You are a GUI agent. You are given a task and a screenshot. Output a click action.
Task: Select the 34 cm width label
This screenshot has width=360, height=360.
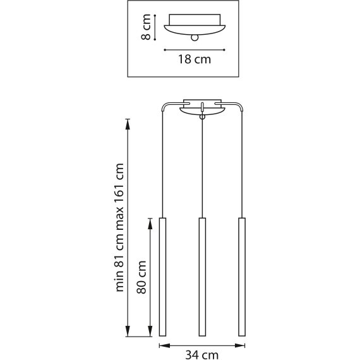click(202, 355)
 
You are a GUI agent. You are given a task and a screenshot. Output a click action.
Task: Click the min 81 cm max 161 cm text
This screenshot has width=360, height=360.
click(119, 228)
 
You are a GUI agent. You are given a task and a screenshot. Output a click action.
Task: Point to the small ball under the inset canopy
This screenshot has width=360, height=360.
click(195, 38)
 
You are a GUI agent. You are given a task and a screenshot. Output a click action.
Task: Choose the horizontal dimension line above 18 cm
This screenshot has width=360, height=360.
click(195, 49)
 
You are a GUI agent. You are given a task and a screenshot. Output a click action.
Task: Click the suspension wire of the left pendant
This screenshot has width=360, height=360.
click(162, 164)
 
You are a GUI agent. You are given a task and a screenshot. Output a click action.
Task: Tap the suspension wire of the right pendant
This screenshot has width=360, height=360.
click(242, 164)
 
